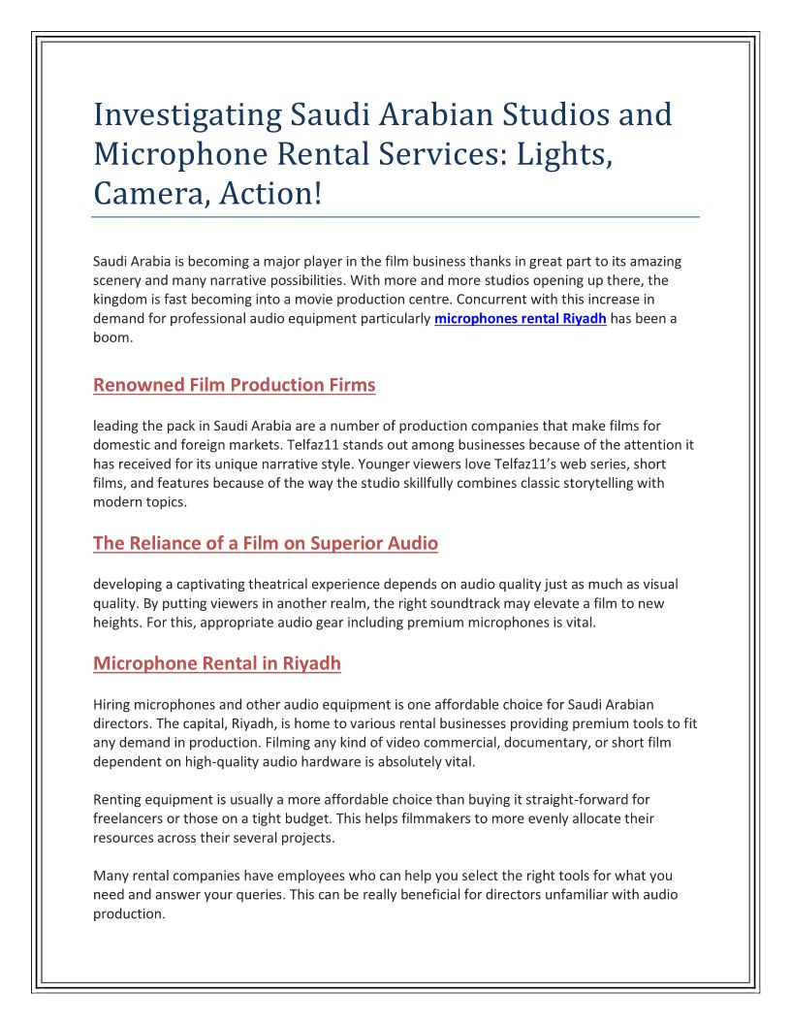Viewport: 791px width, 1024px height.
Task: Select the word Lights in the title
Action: (x=549, y=153)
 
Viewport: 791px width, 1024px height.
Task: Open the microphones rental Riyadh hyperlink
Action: (x=521, y=319)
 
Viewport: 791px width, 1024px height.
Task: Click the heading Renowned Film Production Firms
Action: (x=234, y=385)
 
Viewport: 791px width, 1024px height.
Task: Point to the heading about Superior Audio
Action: (x=266, y=543)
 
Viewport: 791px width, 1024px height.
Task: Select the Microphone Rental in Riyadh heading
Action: (x=217, y=663)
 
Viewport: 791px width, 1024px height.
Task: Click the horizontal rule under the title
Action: (x=395, y=216)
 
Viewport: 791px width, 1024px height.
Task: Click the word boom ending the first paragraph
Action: (x=111, y=338)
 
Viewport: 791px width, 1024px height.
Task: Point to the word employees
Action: (x=284, y=876)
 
